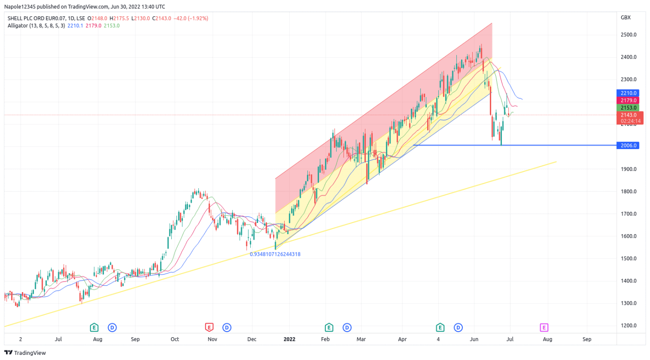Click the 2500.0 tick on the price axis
[x=628, y=35]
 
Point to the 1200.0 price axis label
[x=628, y=325]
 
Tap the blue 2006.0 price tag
[x=628, y=145]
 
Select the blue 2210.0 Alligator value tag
[x=628, y=93]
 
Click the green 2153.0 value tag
[x=628, y=107]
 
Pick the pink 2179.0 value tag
[x=628, y=100]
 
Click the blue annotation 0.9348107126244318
[x=275, y=254]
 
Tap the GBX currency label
[x=625, y=18]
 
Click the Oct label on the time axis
[x=175, y=339]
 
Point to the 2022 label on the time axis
[x=290, y=339]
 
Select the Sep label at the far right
[x=587, y=339]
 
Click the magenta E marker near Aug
[x=544, y=327]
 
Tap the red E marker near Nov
[x=209, y=327]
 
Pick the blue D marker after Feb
[x=347, y=327]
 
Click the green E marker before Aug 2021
[x=94, y=327]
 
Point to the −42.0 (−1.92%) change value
[x=190, y=18]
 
